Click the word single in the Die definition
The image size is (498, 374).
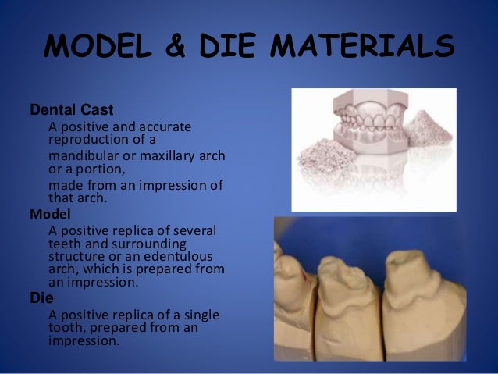201,315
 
